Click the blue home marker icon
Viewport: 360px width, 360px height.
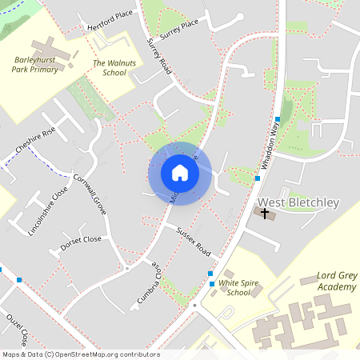(180, 172)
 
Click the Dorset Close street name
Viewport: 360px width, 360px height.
(82, 239)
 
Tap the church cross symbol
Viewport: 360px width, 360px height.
(265, 213)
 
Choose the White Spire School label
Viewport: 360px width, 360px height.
(239, 287)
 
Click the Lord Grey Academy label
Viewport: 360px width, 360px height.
(336, 281)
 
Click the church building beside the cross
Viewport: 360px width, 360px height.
(270, 216)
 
